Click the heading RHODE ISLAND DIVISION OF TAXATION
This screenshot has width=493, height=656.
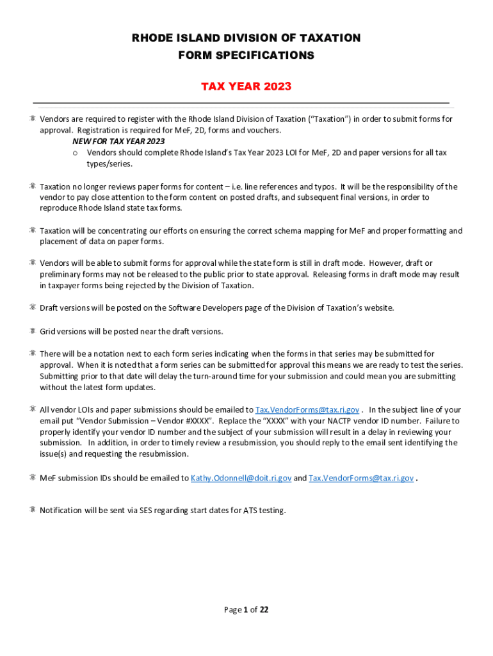point(246,38)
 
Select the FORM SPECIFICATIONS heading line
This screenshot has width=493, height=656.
point(246,55)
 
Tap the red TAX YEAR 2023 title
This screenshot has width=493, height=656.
point(246,86)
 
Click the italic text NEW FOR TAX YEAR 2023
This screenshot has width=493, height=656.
point(114,141)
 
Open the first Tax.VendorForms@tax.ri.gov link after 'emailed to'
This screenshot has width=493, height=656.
point(307,410)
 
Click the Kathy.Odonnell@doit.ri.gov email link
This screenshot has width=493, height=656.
point(241,478)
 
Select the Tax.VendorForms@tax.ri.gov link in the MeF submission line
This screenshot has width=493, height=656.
point(360,478)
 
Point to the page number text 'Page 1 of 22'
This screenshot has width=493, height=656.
point(246,610)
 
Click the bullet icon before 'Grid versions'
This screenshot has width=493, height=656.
point(31,331)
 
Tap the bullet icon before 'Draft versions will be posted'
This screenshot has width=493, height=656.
point(31,307)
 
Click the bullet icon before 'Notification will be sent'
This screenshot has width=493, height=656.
point(31,511)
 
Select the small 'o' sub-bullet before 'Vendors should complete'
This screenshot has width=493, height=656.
point(75,152)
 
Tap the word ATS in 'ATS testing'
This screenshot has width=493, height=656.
point(250,511)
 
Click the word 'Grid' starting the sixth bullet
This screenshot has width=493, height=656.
point(48,331)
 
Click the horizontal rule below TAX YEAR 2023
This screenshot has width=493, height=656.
point(241,102)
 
